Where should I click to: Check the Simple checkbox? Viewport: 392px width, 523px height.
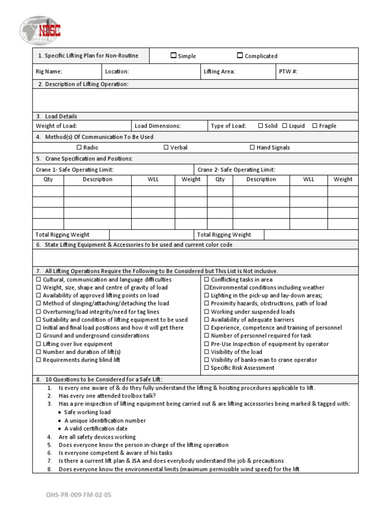(x=174, y=56)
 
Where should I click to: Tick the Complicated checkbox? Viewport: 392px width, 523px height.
(x=240, y=56)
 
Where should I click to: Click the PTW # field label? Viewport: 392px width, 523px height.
(x=288, y=72)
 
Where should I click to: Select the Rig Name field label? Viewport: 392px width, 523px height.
(x=49, y=72)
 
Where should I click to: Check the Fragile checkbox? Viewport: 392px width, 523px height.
(x=315, y=126)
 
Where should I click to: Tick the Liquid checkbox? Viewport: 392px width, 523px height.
(x=285, y=126)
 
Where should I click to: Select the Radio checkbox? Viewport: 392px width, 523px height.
(x=79, y=147)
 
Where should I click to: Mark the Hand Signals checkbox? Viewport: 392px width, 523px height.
(x=252, y=147)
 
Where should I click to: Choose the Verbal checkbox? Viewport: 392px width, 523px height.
(x=166, y=147)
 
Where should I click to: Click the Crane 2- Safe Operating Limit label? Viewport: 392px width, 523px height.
(x=236, y=170)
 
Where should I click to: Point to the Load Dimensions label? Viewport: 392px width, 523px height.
(x=157, y=126)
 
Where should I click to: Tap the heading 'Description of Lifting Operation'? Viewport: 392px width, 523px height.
(x=82, y=84)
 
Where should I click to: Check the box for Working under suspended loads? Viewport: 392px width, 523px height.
(x=207, y=312)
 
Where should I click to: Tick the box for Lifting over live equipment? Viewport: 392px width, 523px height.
(x=38, y=344)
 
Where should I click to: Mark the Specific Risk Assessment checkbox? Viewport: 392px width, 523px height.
(x=207, y=368)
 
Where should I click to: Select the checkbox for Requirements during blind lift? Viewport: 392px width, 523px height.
(x=38, y=360)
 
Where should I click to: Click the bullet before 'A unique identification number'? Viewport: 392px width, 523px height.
(x=60, y=421)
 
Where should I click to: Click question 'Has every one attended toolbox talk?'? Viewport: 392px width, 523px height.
(x=107, y=396)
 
